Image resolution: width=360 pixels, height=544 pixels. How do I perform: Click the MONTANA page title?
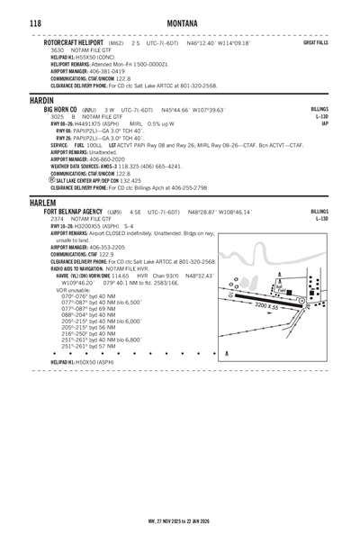click(x=179, y=20)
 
